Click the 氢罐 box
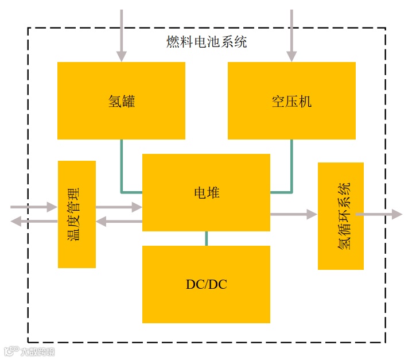121,100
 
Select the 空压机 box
291,100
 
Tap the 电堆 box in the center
206,192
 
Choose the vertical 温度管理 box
77,214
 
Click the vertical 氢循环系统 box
341,216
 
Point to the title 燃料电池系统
207,42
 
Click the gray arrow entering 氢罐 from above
121,34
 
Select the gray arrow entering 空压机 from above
291,34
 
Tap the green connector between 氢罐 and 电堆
122,172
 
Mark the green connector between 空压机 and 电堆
290,172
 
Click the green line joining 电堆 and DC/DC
206,238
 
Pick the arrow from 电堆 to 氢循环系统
293,214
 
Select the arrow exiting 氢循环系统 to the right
379,214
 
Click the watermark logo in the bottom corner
29,351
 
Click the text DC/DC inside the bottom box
206,284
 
